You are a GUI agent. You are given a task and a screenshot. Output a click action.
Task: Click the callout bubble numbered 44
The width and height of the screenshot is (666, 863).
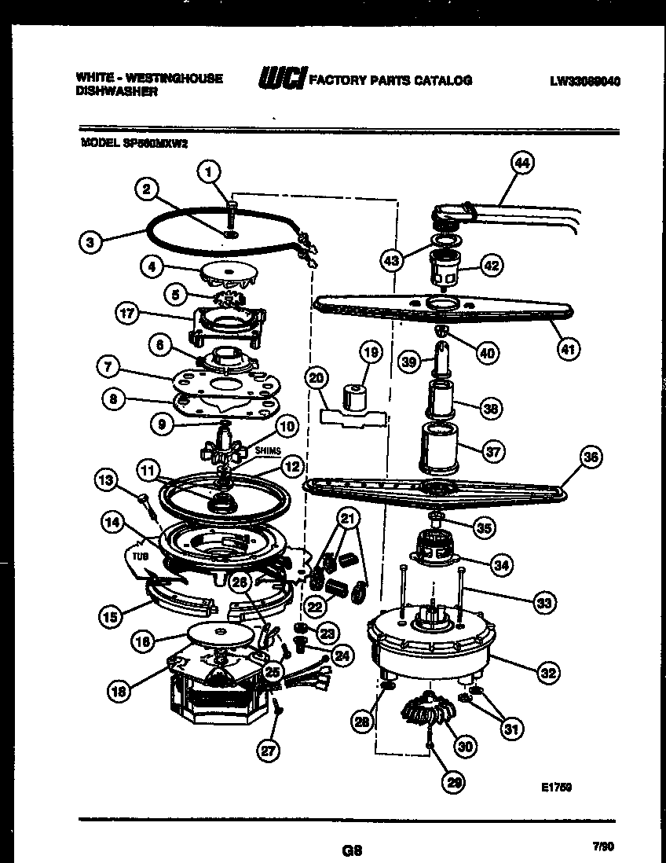click(x=521, y=163)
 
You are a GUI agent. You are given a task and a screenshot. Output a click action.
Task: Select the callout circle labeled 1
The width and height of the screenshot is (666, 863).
click(x=209, y=169)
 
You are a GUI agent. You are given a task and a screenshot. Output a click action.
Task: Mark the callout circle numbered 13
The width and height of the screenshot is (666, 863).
click(x=108, y=478)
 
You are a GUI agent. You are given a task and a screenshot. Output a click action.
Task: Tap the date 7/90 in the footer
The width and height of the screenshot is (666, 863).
click(x=602, y=846)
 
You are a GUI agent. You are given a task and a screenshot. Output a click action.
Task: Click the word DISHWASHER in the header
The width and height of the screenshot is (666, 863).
click(x=117, y=91)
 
